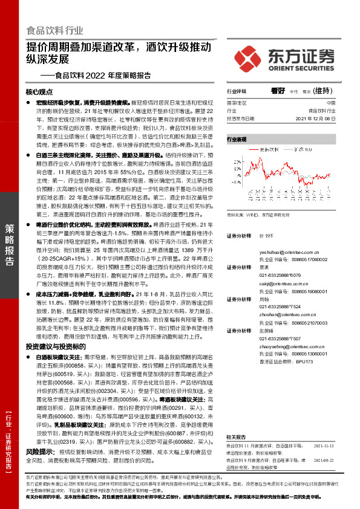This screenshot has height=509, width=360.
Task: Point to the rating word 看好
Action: (x=278, y=91)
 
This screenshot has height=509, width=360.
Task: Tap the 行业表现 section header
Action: (x=237, y=139)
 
